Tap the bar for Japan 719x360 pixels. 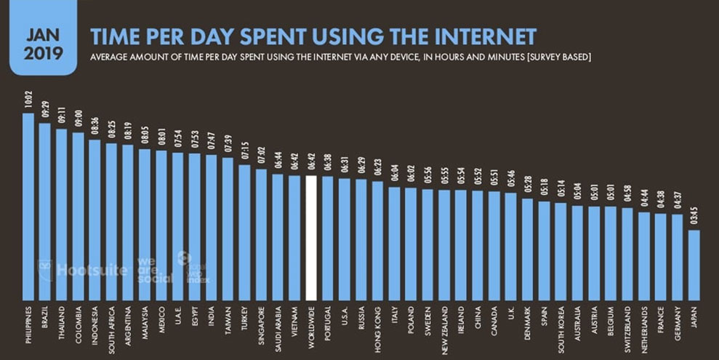tap(694, 265)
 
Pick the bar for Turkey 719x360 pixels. tap(244, 232)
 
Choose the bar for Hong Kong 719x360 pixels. tap(377, 240)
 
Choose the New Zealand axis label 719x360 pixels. tap(444, 330)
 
